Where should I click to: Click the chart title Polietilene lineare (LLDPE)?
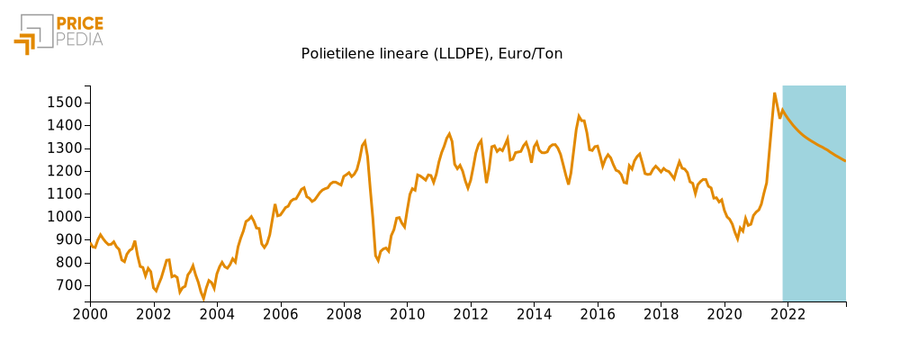tap(431, 54)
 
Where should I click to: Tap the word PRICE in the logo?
tap(79, 23)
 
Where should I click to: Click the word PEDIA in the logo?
tap(79, 40)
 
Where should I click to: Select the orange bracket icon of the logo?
tap(25, 42)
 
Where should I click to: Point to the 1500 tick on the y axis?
tap(65, 103)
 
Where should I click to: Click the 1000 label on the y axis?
tap(65, 217)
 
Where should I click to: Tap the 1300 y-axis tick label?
tap(65, 148)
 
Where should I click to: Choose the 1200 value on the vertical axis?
tap(65, 171)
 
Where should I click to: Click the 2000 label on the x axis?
tap(90, 314)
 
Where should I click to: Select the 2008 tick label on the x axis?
tap(344, 314)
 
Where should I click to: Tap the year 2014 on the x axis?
tap(535, 314)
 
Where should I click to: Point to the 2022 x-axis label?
tap(788, 314)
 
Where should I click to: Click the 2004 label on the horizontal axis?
tap(217, 314)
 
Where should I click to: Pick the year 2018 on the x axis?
tap(661, 314)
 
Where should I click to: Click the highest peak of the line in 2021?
tap(775, 93)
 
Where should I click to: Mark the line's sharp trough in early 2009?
tap(378, 261)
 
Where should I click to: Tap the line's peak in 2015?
tap(579, 115)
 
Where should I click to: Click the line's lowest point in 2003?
tap(203, 300)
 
